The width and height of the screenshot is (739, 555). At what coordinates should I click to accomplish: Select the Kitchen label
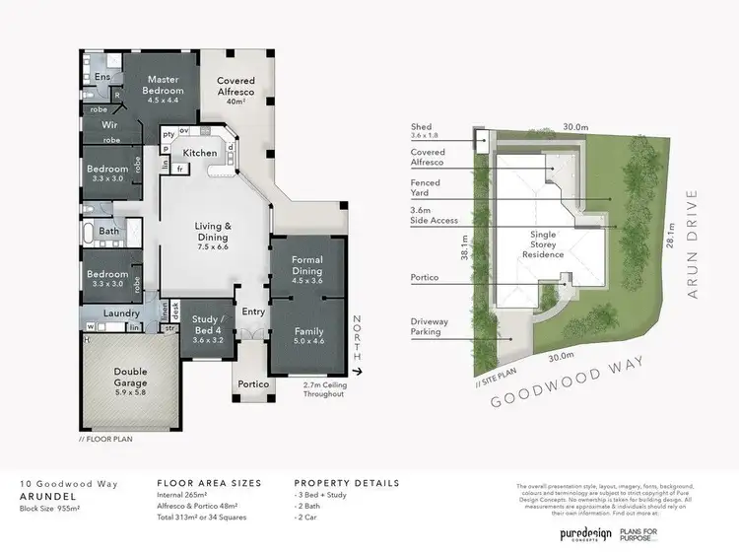coord(200,153)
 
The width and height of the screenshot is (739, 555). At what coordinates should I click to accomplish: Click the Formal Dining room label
coord(308,272)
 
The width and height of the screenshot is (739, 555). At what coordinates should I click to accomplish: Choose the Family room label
coord(308,338)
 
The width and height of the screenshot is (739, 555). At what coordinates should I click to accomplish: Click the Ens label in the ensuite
coord(102,76)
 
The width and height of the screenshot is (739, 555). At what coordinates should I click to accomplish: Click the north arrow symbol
coord(362,372)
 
